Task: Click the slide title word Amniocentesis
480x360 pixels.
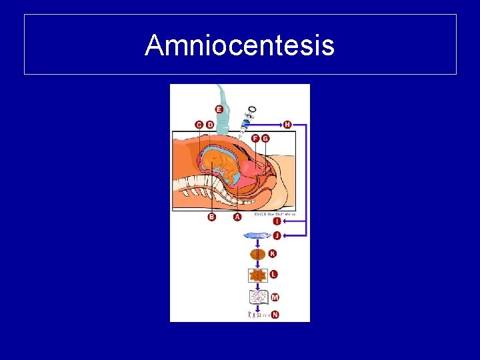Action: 239,45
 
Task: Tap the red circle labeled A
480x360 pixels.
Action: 237,217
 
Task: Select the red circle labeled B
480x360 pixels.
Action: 212,217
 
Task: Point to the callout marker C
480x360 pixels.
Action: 199,125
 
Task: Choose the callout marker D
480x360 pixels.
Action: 210,125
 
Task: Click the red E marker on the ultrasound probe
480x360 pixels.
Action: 219,109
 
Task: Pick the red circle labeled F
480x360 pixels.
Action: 255,138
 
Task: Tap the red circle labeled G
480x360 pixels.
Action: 265,138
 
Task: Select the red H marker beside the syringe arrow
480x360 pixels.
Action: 287,124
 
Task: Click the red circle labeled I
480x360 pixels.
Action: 277,221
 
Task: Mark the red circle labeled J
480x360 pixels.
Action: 277,235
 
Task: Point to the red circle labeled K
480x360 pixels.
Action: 272,254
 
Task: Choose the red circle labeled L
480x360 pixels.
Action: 273,274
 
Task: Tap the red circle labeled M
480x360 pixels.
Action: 275,297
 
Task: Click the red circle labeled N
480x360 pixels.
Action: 275,314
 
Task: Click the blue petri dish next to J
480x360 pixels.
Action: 257,235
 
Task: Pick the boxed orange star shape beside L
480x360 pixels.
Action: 257,275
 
